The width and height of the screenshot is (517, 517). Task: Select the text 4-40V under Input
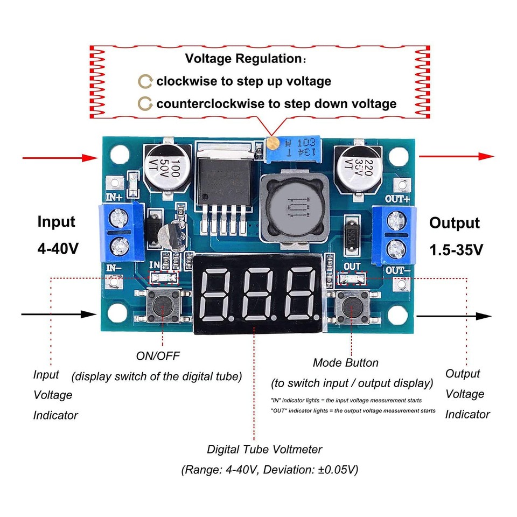58,249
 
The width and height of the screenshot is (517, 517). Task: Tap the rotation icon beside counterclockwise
145,103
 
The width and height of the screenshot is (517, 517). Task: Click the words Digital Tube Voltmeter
264,449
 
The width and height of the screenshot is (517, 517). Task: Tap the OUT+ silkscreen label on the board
397,199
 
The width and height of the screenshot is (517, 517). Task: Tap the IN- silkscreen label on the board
115,268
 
